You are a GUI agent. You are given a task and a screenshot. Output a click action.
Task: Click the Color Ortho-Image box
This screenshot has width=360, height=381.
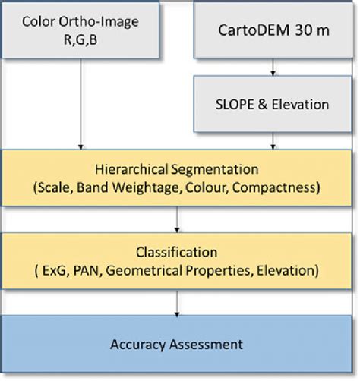tap(81, 30)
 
